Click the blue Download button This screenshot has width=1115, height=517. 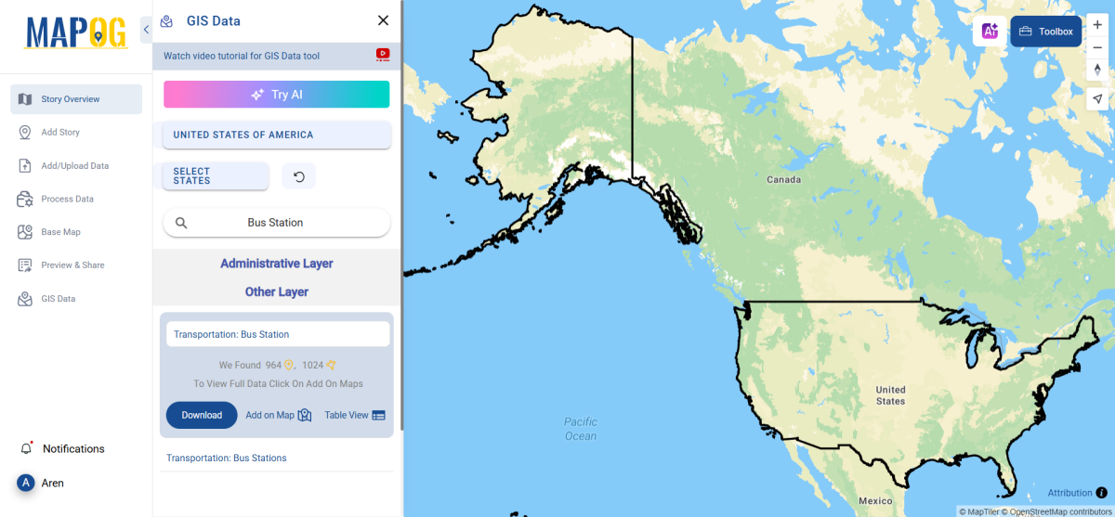pos(202,415)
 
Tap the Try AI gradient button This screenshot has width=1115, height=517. pos(277,95)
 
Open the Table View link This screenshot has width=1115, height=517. pos(355,415)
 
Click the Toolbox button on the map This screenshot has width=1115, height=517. pos(1046,32)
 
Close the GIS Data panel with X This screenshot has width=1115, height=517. pos(383,20)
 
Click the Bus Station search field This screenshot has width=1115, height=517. pos(276,223)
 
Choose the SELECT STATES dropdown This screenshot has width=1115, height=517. pos(216,176)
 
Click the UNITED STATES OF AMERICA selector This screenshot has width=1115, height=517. pos(276,135)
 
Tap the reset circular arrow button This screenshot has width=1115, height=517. pos(299,176)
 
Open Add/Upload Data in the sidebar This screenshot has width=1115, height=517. pos(74,166)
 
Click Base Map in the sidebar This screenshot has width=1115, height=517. pos(60,232)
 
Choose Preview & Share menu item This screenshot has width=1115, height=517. pos(72,265)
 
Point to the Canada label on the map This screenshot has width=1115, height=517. pos(782,179)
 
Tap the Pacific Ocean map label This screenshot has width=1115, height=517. pos(581,429)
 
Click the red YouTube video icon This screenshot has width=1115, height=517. pos(383,56)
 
